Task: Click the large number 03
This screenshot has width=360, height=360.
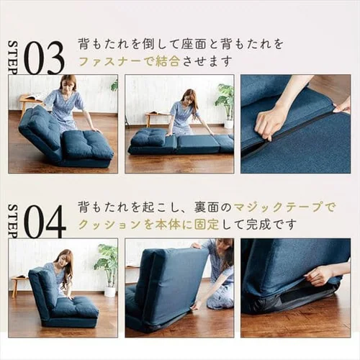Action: pos(44,58)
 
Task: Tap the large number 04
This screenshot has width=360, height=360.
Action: pos(45,222)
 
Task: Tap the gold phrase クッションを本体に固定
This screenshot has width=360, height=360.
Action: pos(148,224)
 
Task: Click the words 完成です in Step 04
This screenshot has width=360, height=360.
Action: pos(273,224)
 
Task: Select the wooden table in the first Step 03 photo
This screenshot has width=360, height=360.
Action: pos(28,100)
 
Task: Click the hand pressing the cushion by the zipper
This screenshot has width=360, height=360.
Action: pos(270,120)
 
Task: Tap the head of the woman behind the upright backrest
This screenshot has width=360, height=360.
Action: pos(224,251)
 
